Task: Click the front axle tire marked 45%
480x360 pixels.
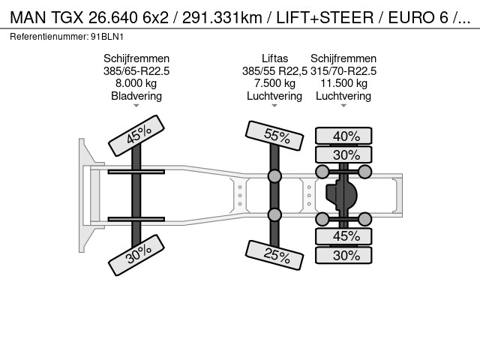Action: (136, 136)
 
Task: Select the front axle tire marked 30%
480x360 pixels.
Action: (136, 255)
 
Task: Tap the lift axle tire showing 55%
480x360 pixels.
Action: (274, 136)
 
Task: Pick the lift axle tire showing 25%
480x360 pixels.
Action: (274, 255)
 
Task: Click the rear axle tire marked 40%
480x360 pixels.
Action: (343, 136)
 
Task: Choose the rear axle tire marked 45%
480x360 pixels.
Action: (343, 236)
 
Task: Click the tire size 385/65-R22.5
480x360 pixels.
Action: (136, 71)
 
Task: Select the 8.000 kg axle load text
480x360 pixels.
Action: (136, 83)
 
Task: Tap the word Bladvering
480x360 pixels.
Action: (136, 96)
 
